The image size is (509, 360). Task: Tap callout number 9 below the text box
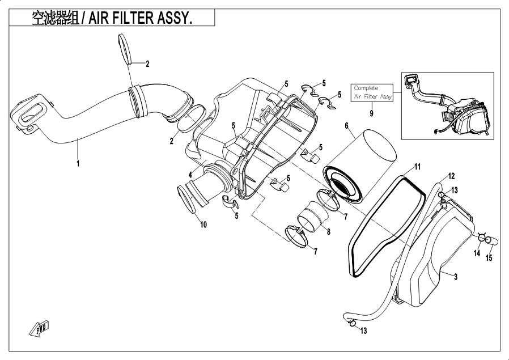[372, 113]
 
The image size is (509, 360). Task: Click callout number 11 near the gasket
[417, 167]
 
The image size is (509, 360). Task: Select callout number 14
[477, 254]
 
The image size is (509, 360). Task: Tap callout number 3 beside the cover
[455, 276]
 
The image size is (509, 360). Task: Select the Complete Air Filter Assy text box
[372, 92]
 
